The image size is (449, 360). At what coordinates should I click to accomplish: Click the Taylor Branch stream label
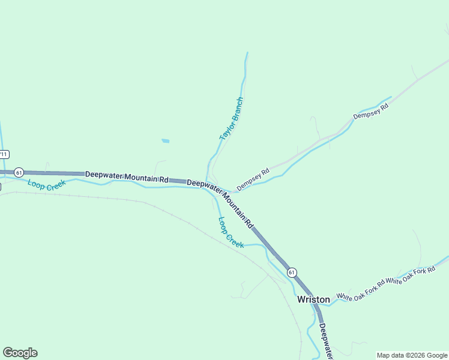pos(232,119)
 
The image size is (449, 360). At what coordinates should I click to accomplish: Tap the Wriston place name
pos(313,299)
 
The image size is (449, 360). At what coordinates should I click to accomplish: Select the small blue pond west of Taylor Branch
pos(165,141)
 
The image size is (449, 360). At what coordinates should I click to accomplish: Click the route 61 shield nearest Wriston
pos(292,272)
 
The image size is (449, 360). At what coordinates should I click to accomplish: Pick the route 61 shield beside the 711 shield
pos(19,172)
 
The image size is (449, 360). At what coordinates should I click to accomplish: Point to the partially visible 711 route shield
pos(4,154)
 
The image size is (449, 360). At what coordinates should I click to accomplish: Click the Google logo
pos(20,353)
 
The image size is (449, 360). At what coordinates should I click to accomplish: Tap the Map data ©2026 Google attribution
pos(412,355)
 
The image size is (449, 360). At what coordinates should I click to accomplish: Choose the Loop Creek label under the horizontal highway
pos(46,185)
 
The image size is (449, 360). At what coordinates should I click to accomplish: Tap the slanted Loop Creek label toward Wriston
pos(231,233)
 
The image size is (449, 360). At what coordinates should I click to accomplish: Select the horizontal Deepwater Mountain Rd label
pos(127,176)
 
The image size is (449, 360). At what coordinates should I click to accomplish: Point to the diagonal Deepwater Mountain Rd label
pos(220,204)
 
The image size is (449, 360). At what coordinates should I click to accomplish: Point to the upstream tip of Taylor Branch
pos(247,53)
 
